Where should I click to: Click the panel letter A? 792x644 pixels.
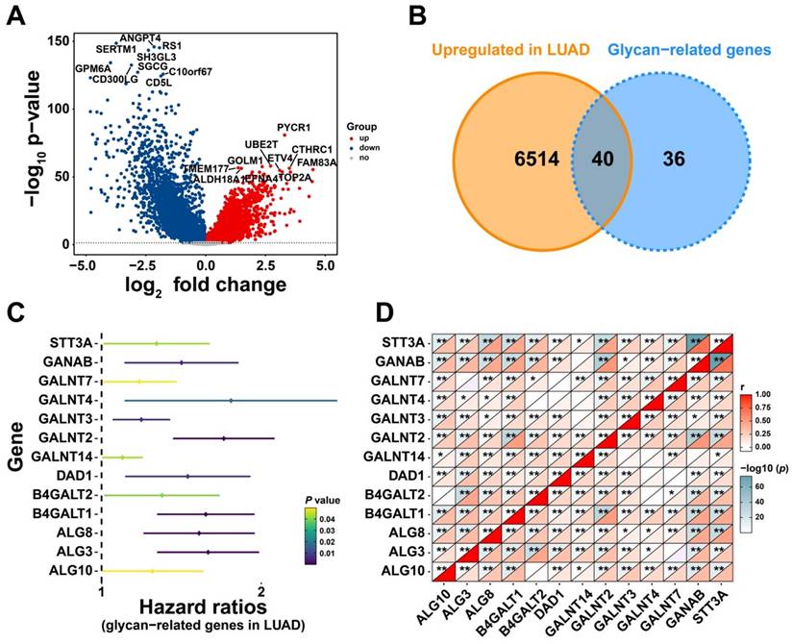coord(16,16)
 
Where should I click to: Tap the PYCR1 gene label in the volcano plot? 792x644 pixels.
coord(294,128)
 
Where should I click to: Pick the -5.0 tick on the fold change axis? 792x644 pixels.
coord(84,263)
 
